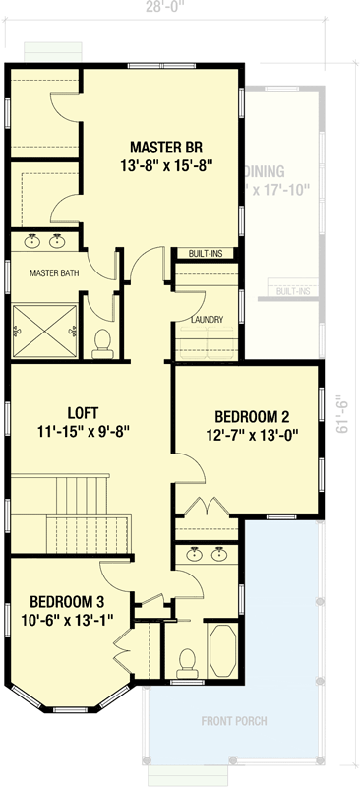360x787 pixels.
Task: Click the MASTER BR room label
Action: [159, 148]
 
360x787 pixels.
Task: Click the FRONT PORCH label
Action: [233, 721]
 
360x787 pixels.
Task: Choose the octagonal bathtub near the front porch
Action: [220, 650]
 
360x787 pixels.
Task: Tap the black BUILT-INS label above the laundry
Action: [208, 254]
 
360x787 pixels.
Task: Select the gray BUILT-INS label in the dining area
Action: [294, 291]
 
